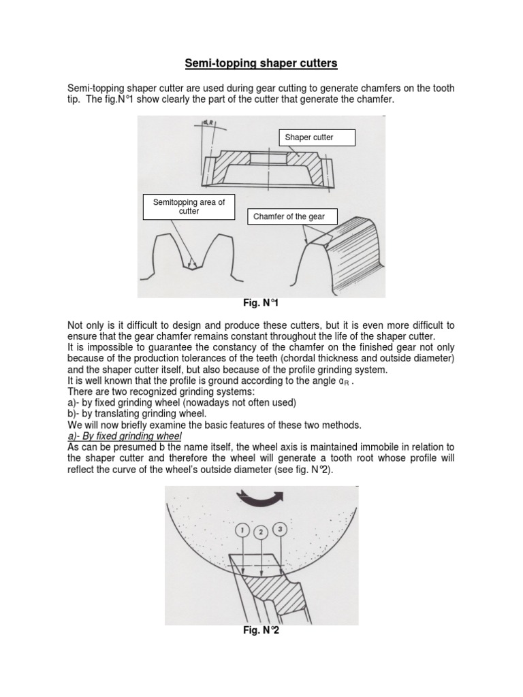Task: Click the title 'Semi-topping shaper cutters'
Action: (261, 64)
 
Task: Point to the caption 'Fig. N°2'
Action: (261, 631)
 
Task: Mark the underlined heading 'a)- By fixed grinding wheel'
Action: (125, 436)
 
